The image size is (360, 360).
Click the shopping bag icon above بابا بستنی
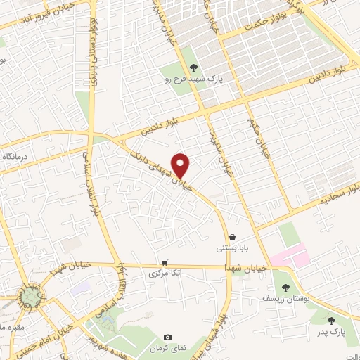tap(231, 238)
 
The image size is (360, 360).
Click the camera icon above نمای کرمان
tap(167, 337)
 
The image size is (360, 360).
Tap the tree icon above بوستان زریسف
tap(285, 287)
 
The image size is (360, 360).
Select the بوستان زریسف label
tap(285, 299)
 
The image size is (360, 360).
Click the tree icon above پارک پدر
tap(331, 321)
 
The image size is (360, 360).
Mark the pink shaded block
tap(290, 256)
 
